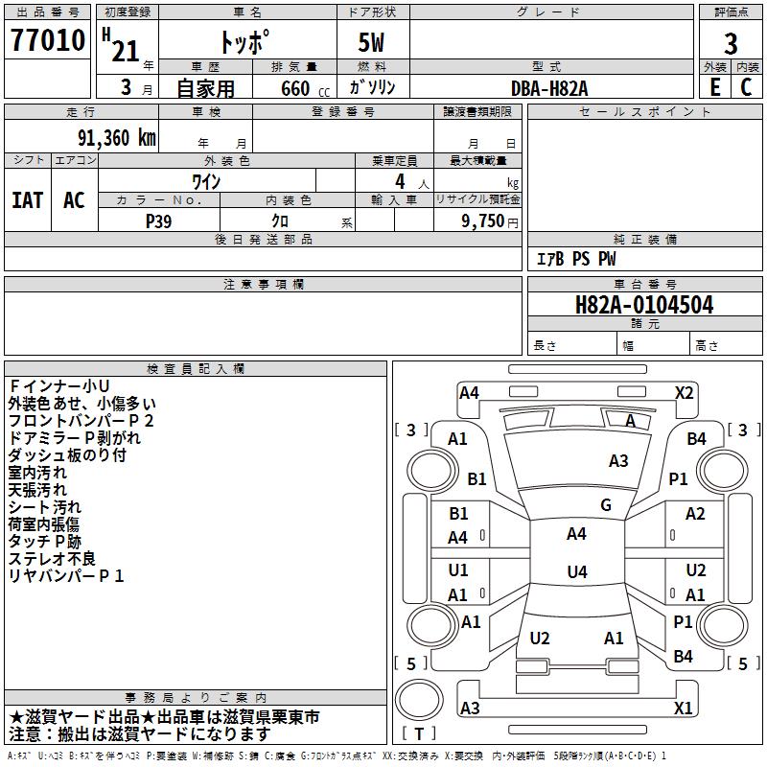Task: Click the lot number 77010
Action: pyautogui.click(x=47, y=39)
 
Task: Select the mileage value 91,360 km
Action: pyautogui.click(x=117, y=138)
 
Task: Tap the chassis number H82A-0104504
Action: pyautogui.click(x=644, y=305)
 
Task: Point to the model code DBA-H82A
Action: pyautogui.click(x=549, y=88)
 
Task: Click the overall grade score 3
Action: pyautogui.click(x=731, y=44)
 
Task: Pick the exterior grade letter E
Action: pyautogui.click(x=714, y=87)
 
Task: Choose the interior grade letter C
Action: pyautogui.click(x=746, y=87)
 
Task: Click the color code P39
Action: pyautogui.click(x=158, y=221)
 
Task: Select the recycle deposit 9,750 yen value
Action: pyautogui.click(x=490, y=221)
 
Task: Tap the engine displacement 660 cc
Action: pyautogui.click(x=305, y=88)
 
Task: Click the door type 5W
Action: pyautogui.click(x=371, y=42)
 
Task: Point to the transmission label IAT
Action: pyautogui.click(x=28, y=200)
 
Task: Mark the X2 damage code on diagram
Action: pyautogui.click(x=684, y=393)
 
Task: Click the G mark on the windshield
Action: pyautogui.click(x=606, y=505)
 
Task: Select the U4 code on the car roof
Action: pyautogui.click(x=577, y=571)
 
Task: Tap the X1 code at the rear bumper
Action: pyautogui.click(x=683, y=708)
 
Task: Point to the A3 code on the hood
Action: pyautogui.click(x=618, y=461)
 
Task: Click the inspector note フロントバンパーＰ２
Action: pyautogui.click(x=81, y=421)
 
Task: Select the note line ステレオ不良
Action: pyautogui.click(x=52, y=559)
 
